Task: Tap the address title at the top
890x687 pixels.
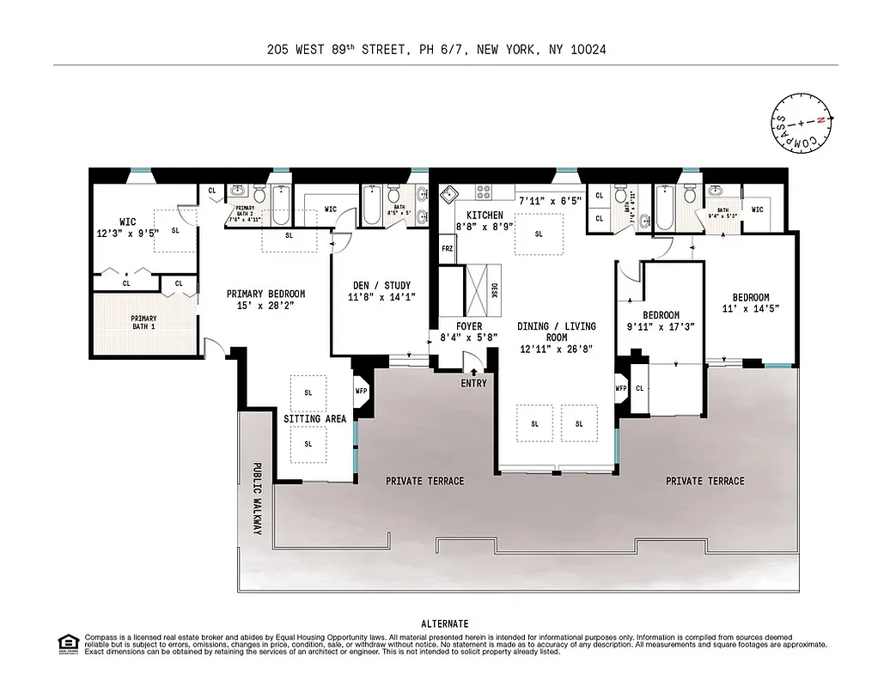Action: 436,50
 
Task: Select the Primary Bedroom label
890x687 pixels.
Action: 265,295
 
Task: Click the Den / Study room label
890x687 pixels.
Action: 381,286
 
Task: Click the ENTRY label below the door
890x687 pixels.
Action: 473,383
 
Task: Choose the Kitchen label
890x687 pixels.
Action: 484,215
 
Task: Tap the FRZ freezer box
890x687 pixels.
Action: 447,249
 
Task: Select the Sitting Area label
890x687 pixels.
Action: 315,419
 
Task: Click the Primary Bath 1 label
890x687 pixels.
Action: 143,323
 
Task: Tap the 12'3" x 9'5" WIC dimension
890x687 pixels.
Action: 127,233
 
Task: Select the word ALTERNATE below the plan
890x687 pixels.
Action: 445,623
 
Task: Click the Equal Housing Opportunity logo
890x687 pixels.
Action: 67,643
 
